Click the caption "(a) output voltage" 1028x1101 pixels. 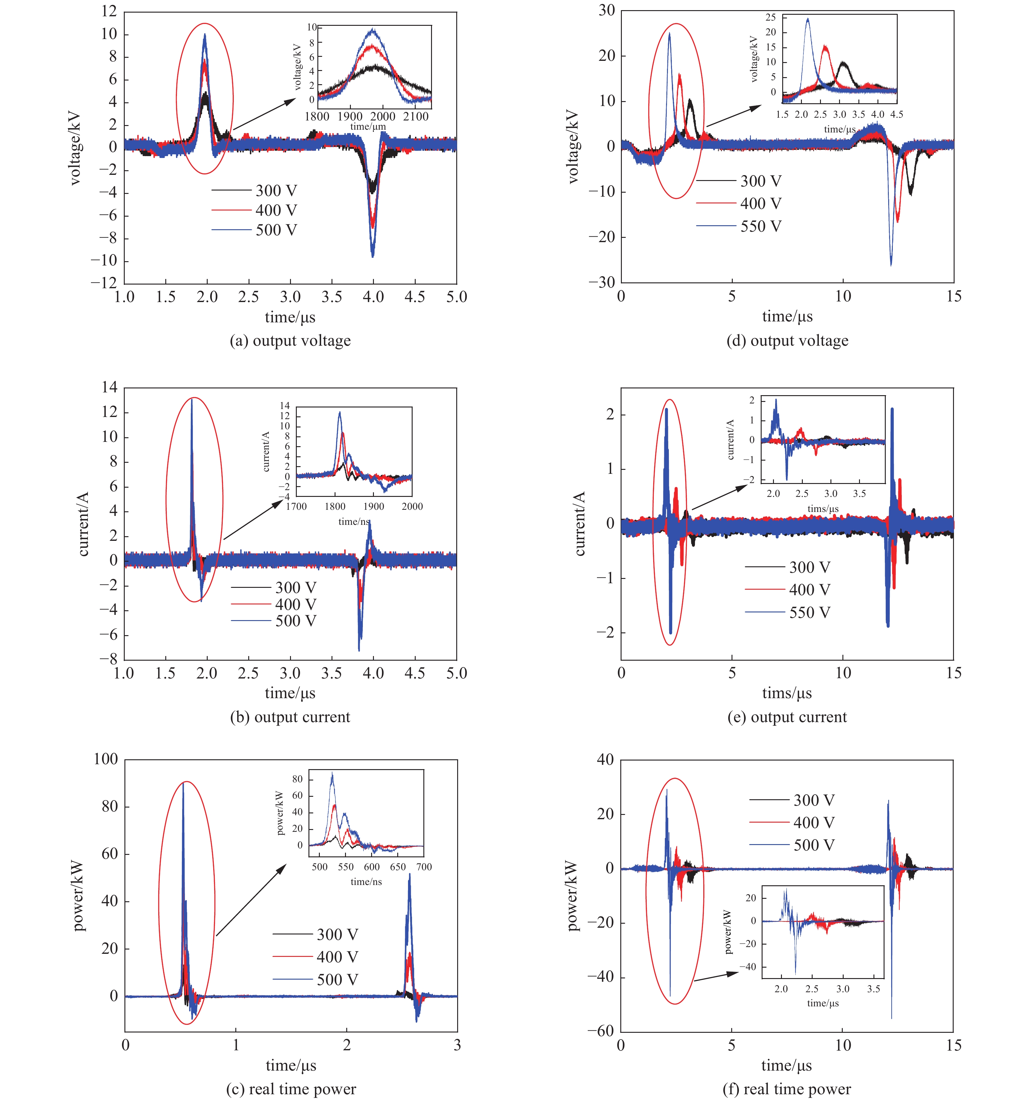pos(290,340)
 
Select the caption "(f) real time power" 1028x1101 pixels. pos(787,1089)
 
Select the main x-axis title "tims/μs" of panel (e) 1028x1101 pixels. pos(787,693)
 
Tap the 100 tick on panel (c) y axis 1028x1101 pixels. pos(106,759)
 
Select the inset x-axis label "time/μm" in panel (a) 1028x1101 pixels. pos(367,127)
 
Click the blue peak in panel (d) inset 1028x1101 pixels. pos(808,19)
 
